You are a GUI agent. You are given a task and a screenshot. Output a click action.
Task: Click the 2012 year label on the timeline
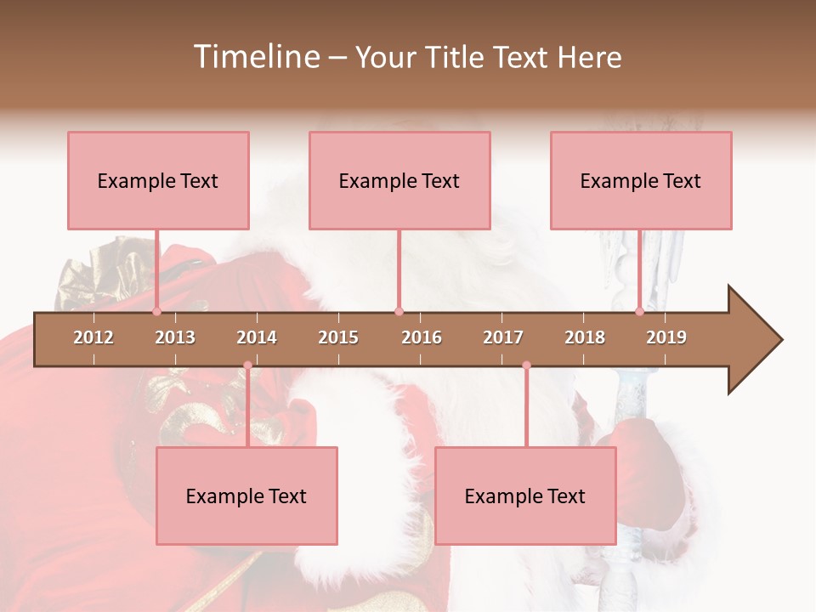(x=93, y=337)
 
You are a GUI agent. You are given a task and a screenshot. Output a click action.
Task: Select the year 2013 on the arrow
(x=175, y=337)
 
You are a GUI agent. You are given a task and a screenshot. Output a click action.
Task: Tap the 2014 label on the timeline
(x=257, y=337)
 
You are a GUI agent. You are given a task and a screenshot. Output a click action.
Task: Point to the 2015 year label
(x=338, y=337)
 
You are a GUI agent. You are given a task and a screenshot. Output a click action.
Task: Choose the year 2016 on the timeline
(x=422, y=337)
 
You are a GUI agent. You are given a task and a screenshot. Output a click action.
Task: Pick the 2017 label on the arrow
(x=503, y=337)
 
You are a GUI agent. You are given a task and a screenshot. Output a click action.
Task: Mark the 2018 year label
(x=585, y=337)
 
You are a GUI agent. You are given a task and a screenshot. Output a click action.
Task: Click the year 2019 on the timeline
(x=666, y=337)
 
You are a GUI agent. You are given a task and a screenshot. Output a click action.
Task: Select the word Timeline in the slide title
(x=255, y=57)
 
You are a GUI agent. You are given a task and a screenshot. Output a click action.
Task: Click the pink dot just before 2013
(x=156, y=311)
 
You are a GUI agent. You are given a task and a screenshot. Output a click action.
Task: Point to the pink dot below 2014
(x=247, y=365)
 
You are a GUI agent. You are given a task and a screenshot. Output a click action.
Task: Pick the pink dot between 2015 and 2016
(x=399, y=311)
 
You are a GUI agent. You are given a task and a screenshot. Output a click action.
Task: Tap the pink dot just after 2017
(x=526, y=365)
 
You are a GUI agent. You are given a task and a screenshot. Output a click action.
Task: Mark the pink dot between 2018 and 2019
(x=640, y=311)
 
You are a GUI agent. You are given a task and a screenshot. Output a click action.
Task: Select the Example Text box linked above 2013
(x=158, y=180)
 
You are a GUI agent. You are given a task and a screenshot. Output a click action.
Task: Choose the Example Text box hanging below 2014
(x=246, y=496)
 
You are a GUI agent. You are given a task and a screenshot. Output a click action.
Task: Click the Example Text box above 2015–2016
(x=399, y=180)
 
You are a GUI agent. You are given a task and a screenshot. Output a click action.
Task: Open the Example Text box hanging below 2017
(x=525, y=496)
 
